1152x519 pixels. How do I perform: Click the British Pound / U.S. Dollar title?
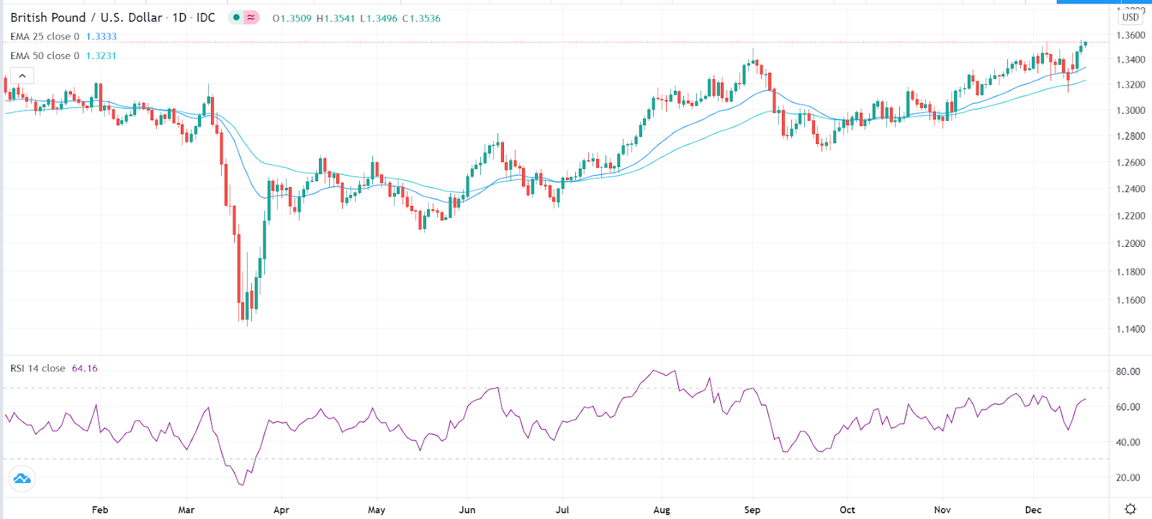(x=86, y=17)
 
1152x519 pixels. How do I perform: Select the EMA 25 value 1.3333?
(x=102, y=37)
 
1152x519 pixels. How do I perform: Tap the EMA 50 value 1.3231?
(x=102, y=55)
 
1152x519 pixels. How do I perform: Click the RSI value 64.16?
(x=85, y=369)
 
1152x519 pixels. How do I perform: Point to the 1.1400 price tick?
(x=1130, y=330)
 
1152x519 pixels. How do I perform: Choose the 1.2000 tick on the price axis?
(x=1130, y=244)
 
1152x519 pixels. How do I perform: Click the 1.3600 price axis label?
(x=1130, y=35)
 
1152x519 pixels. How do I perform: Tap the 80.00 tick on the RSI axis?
(x=1128, y=372)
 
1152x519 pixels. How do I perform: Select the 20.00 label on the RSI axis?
(x=1128, y=478)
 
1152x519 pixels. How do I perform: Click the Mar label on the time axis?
(x=186, y=510)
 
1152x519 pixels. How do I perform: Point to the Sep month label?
(x=752, y=510)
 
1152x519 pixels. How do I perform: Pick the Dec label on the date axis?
(x=1033, y=510)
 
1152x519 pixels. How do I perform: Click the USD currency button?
(x=1130, y=17)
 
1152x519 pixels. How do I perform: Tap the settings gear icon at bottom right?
(x=1130, y=509)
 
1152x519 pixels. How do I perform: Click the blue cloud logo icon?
(x=22, y=479)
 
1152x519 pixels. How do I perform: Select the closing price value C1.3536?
(x=421, y=19)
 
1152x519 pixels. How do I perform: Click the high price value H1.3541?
(x=336, y=19)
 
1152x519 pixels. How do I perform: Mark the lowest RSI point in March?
(x=243, y=485)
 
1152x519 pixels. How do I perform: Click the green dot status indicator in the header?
(x=236, y=17)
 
